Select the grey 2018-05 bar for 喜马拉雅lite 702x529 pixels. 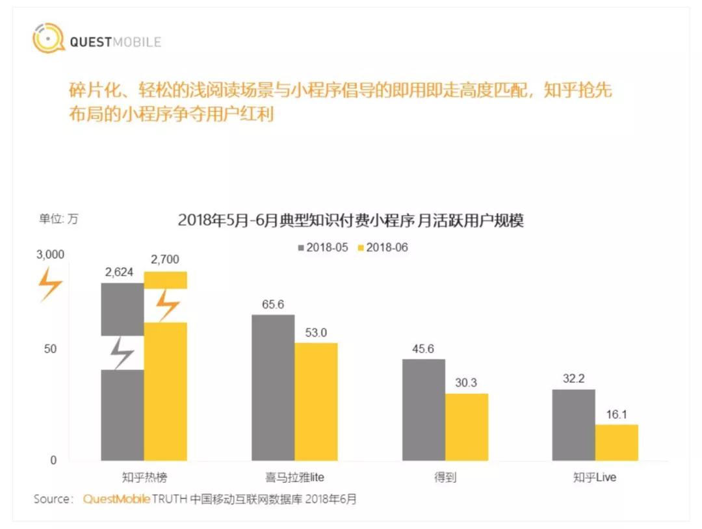click(273, 387)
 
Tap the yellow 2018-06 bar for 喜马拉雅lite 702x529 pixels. click(316, 402)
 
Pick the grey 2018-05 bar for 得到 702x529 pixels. click(423, 409)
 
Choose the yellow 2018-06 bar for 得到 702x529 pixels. click(466, 427)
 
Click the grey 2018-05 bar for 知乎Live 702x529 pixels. click(573, 425)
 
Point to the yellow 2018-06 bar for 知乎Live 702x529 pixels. click(616, 443)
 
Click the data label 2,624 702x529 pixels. click(119, 272)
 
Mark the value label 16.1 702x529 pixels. click(616, 413)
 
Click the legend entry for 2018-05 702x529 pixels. click(322, 248)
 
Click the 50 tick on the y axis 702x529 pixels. click(50, 349)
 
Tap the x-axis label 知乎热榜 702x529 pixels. click(144, 478)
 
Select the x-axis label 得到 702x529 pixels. click(445, 478)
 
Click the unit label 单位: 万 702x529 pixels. click(58, 219)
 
